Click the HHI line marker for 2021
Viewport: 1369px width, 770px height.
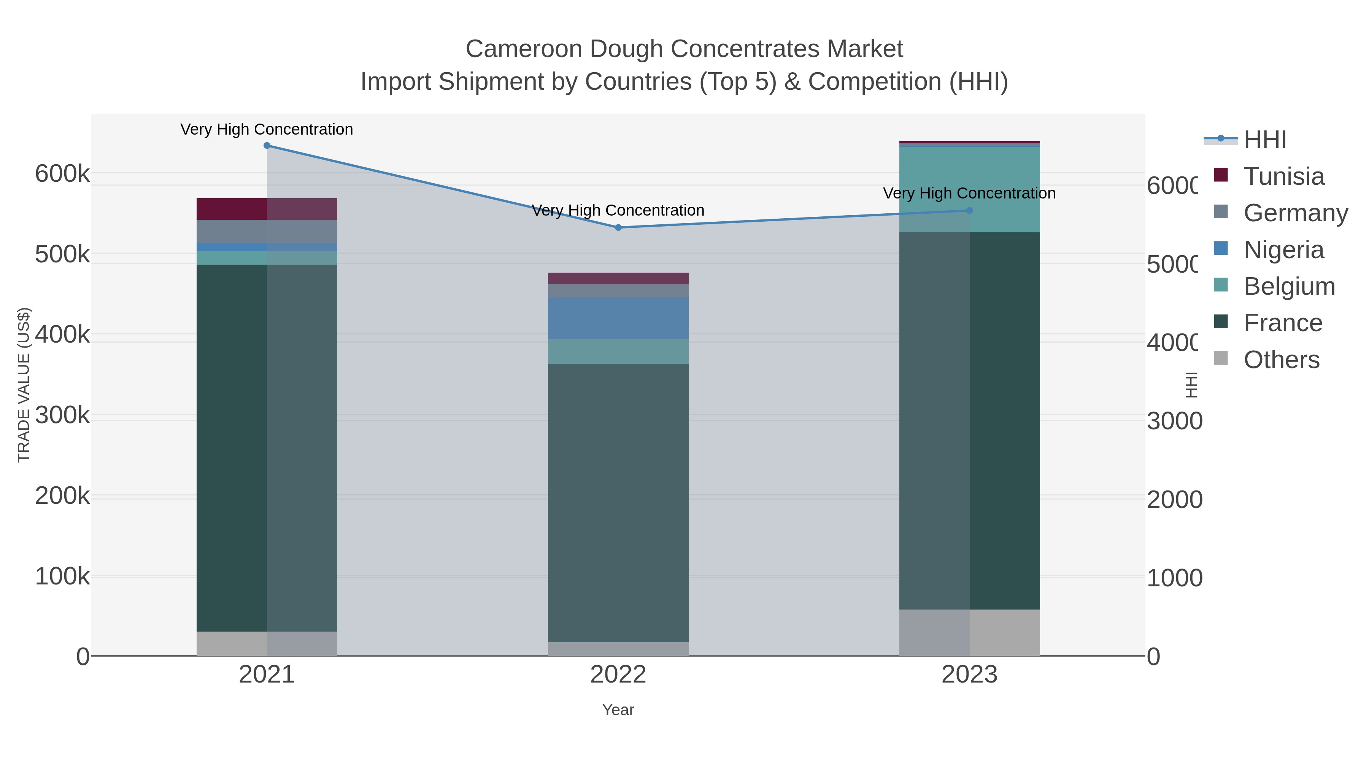[267, 146]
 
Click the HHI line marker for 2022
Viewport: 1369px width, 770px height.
[618, 227]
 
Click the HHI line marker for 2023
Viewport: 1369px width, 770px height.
[969, 210]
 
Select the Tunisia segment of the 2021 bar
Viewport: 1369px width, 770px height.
[267, 209]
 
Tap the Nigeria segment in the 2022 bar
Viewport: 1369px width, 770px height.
[618, 318]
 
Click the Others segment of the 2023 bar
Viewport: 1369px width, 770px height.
[969, 632]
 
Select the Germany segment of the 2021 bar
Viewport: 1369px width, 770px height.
[267, 231]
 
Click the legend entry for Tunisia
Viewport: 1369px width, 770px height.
[1283, 176]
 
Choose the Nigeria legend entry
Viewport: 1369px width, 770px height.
[1283, 250]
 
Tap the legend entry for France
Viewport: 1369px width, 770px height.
[1282, 323]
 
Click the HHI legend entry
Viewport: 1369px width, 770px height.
[1265, 140]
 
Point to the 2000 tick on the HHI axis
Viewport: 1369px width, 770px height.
[1174, 500]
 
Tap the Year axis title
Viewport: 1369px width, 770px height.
[618, 710]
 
